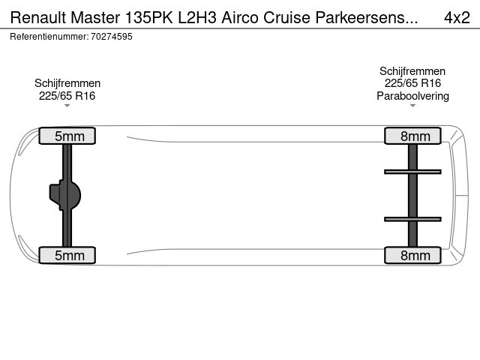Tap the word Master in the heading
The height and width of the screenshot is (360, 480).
95,17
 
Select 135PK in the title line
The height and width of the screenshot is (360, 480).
148,17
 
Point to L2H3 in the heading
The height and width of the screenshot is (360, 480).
197,17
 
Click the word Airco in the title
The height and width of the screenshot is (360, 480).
240,17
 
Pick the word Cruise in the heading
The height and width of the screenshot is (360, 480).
286,17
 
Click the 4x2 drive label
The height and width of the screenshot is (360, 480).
457,17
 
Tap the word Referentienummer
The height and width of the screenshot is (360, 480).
49,37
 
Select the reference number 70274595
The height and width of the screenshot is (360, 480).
112,37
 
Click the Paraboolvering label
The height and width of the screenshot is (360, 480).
412,96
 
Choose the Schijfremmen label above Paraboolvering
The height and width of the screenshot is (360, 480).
412,71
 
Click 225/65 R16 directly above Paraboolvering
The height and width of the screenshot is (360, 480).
412,83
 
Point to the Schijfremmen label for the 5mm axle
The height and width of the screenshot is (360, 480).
67,83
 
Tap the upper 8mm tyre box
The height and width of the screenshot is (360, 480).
412,136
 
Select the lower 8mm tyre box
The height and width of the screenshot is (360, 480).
412,255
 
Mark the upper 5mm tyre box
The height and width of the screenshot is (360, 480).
67,136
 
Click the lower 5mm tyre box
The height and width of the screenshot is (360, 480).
67,255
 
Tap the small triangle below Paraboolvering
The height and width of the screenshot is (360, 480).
412,106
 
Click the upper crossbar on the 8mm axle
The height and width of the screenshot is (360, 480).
412,172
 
